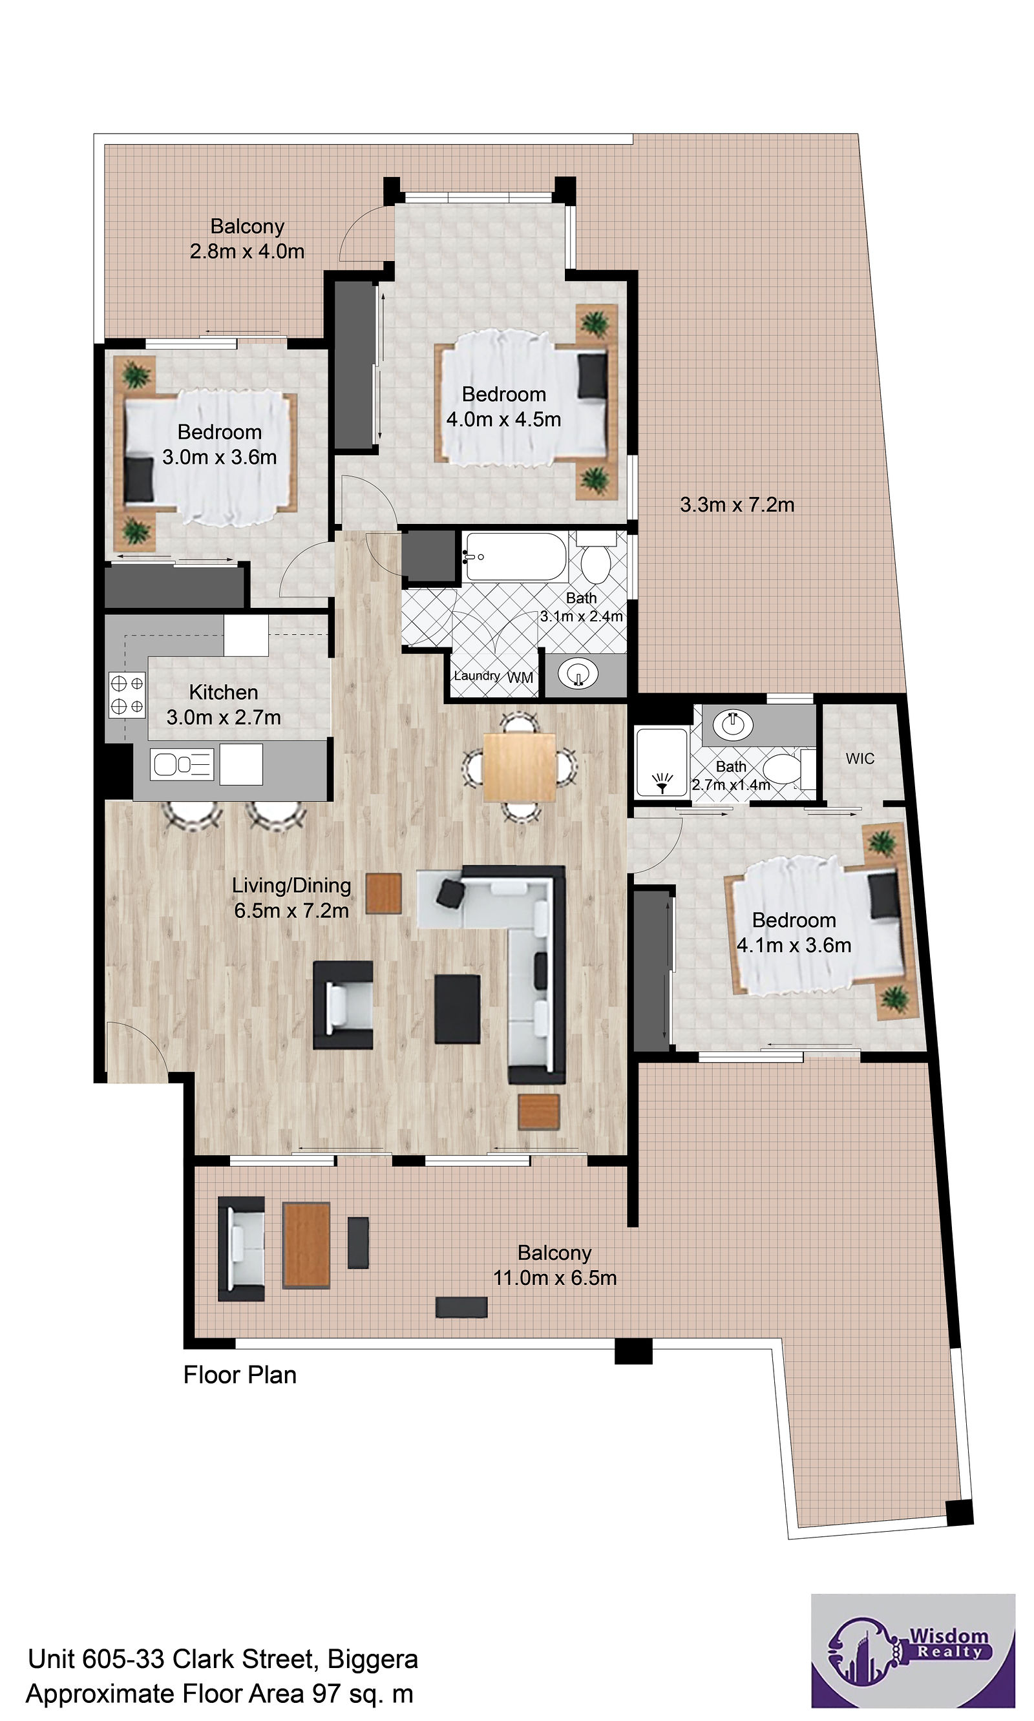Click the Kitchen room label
(223, 693)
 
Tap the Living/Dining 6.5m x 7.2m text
(291, 898)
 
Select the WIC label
(860, 758)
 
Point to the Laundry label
(476, 676)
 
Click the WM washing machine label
(520, 677)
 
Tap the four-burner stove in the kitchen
(127, 694)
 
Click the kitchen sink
(182, 764)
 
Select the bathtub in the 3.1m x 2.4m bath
(516, 556)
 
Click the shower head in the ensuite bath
(662, 782)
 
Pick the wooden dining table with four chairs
(519, 767)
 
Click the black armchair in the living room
(343, 1005)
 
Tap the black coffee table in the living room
(457, 1008)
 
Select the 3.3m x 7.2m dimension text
(737, 505)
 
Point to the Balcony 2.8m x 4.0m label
(248, 239)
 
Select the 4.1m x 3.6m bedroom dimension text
(794, 945)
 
